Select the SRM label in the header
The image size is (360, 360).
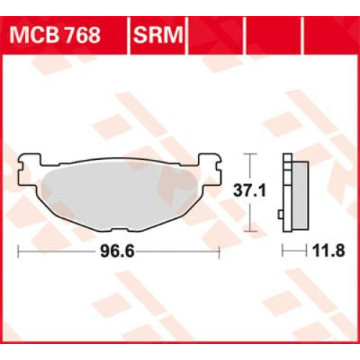(158, 34)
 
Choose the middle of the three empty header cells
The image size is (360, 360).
(274, 34)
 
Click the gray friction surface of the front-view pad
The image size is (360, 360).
(119, 194)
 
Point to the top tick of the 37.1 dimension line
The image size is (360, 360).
(248, 153)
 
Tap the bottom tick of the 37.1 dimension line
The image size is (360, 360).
(248, 232)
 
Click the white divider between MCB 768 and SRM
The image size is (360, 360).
(127, 34)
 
